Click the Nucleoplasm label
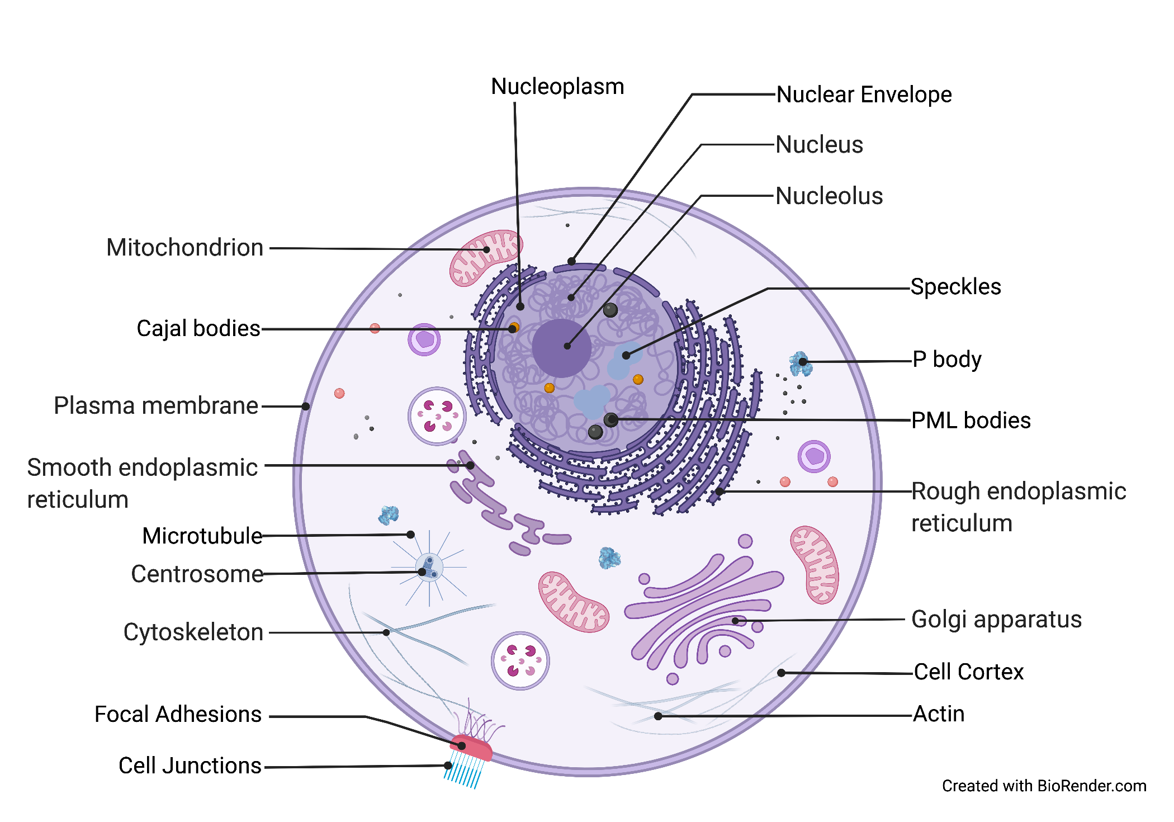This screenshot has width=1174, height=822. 557,87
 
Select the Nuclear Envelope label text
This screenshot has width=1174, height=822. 864,95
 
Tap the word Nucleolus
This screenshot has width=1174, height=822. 829,196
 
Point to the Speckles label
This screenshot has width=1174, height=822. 955,287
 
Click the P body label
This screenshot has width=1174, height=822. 946,360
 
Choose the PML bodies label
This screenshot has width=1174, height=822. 971,421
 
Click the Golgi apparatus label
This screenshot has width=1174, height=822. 996,620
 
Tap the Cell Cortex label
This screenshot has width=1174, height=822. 968,672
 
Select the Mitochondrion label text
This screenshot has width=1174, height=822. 185,248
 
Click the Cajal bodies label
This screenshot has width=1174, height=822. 198,329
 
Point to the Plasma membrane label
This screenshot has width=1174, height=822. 156,406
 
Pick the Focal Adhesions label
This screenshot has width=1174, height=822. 178,715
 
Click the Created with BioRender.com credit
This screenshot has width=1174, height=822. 1044,786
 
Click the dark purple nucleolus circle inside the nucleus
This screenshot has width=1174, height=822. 561,348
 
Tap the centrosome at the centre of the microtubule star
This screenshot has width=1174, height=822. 429,567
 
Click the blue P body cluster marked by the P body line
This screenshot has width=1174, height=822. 800,363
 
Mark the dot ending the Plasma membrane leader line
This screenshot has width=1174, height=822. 306,407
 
